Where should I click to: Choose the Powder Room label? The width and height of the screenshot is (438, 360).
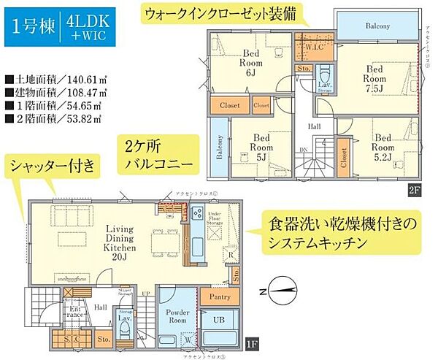[177, 315]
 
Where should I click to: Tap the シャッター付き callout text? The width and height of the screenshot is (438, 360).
[53, 166]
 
